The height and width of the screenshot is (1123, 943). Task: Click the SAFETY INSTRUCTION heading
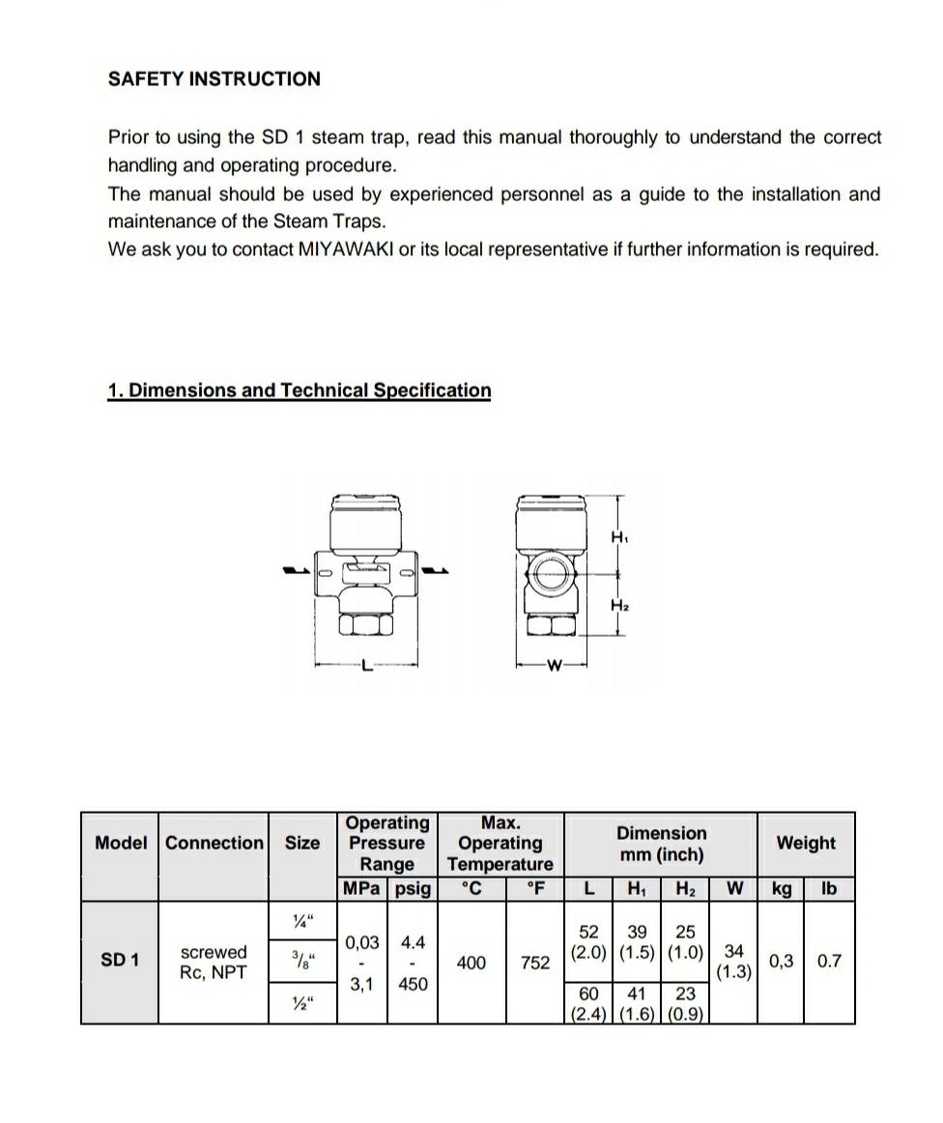(x=214, y=79)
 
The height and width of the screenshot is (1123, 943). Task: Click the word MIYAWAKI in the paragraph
(x=346, y=249)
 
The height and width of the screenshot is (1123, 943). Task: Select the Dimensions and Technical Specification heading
(x=300, y=390)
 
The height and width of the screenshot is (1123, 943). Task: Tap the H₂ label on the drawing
(x=620, y=605)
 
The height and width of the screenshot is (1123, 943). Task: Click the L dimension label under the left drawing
(x=364, y=665)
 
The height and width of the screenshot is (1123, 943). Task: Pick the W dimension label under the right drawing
(x=554, y=665)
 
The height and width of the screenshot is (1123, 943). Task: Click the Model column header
(x=121, y=843)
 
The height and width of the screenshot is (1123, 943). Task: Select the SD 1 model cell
(x=120, y=961)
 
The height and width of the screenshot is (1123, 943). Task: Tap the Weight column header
(x=806, y=843)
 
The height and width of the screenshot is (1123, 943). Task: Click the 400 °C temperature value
(x=471, y=963)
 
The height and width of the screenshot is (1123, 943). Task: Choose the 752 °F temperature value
(x=534, y=963)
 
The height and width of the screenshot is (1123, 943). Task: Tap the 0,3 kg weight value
(x=781, y=962)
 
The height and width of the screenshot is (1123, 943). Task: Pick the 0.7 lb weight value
(x=829, y=962)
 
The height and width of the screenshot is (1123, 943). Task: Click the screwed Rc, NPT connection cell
(x=214, y=963)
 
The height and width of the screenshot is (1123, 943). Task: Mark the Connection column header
(x=214, y=843)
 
